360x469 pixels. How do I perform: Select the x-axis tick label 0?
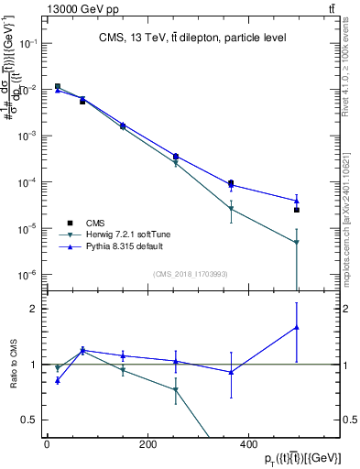(47, 444)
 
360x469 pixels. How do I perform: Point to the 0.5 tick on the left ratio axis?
(29, 420)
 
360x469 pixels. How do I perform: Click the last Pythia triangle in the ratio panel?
(297, 327)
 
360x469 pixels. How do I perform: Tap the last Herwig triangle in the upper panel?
(297, 243)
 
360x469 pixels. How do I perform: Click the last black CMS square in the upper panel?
(297, 210)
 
